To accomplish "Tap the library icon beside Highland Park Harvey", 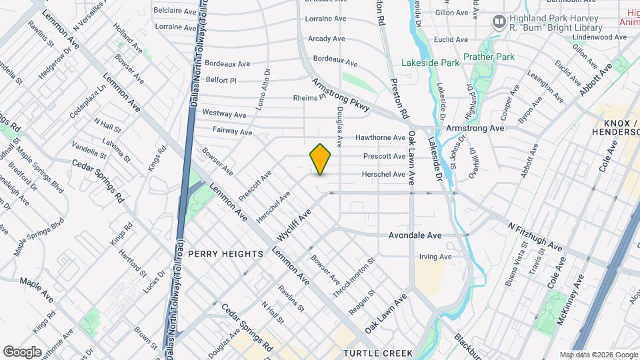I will pyautogui.click(x=498, y=22).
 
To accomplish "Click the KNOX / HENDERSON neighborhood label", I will pyautogui.click(x=615, y=127).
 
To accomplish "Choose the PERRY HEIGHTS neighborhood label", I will pyautogui.click(x=226, y=254).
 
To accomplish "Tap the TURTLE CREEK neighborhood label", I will pyautogui.click(x=378, y=353).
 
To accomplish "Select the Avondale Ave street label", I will pyautogui.click(x=415, y=235).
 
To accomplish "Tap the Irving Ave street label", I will pyautogui.click(x=435, y=257).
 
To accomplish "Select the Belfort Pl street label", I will pyautogui.click(x=221, y=79).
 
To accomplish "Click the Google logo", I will pyautogui.click(x=22, y=351).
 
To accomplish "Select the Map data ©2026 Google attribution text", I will pyautogui.click(x=598, y=355).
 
